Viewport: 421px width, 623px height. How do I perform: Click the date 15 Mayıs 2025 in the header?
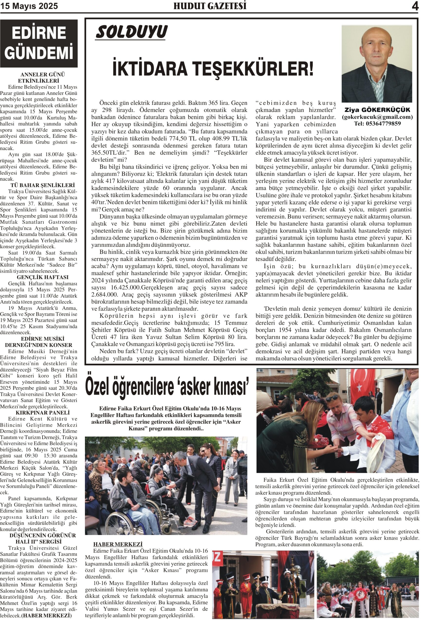[29, 6]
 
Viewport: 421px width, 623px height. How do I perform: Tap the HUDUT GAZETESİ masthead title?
[210, 6]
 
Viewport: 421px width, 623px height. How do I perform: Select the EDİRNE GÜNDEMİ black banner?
[39, 43]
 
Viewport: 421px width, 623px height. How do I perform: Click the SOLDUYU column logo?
[131, 32]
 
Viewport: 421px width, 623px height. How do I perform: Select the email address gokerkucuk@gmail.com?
[377, 117]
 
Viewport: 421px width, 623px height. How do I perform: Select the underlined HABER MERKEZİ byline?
[118, 544]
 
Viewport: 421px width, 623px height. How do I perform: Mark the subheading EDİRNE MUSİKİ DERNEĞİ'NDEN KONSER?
[39, 342]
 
